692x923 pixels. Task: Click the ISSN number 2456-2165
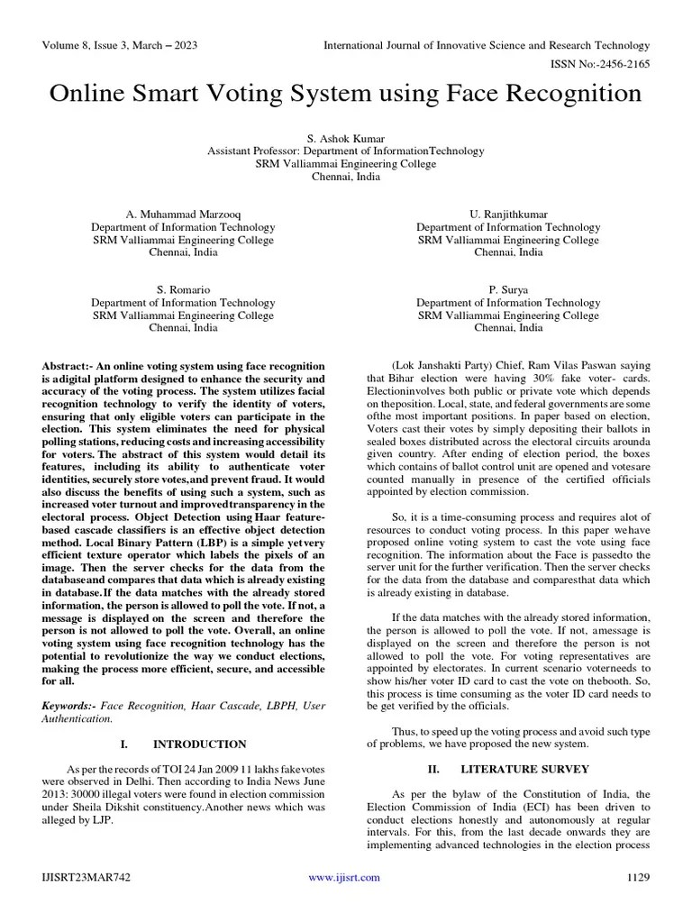621,64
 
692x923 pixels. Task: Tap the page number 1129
637,878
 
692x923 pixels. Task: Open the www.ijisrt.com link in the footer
344,878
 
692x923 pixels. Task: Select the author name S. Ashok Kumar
346,139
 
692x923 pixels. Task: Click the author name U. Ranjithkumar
508,215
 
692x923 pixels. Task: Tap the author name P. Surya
508,290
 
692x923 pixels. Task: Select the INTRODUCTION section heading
199,745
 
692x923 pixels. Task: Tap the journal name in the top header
487,45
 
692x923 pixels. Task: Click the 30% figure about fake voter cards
520,379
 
